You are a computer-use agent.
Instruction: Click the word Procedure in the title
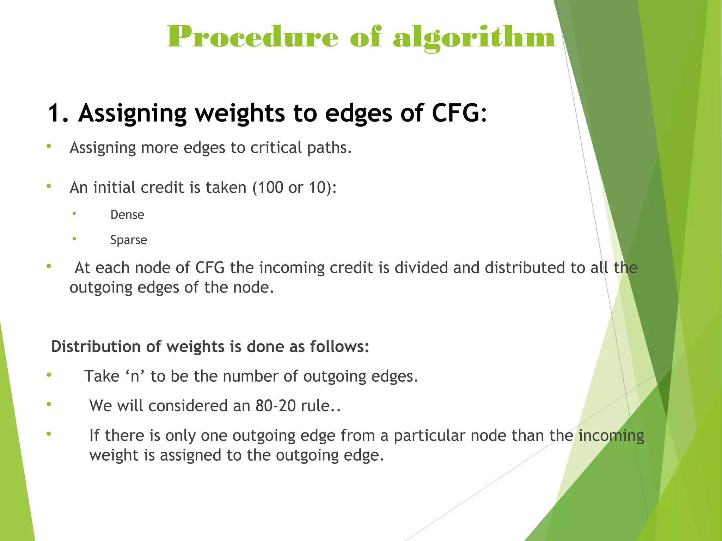[252, 37]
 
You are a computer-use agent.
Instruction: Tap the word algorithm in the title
[474, 37]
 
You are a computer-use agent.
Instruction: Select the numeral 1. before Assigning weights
[58, 113]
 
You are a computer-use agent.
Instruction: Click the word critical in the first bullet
[276, 147]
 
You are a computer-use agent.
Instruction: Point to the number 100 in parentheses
[270, 187]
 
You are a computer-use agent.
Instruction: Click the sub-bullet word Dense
[127, 215]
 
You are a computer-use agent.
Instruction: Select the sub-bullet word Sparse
[128, 240]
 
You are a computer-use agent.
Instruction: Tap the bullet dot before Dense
[74, 214]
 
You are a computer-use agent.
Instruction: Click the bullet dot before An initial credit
[49, 186]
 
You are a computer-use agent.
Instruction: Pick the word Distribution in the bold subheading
[96, 346]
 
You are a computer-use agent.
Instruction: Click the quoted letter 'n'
[135, 376]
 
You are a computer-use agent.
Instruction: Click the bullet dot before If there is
[49, 434]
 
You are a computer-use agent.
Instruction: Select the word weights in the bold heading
[240, 113]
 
